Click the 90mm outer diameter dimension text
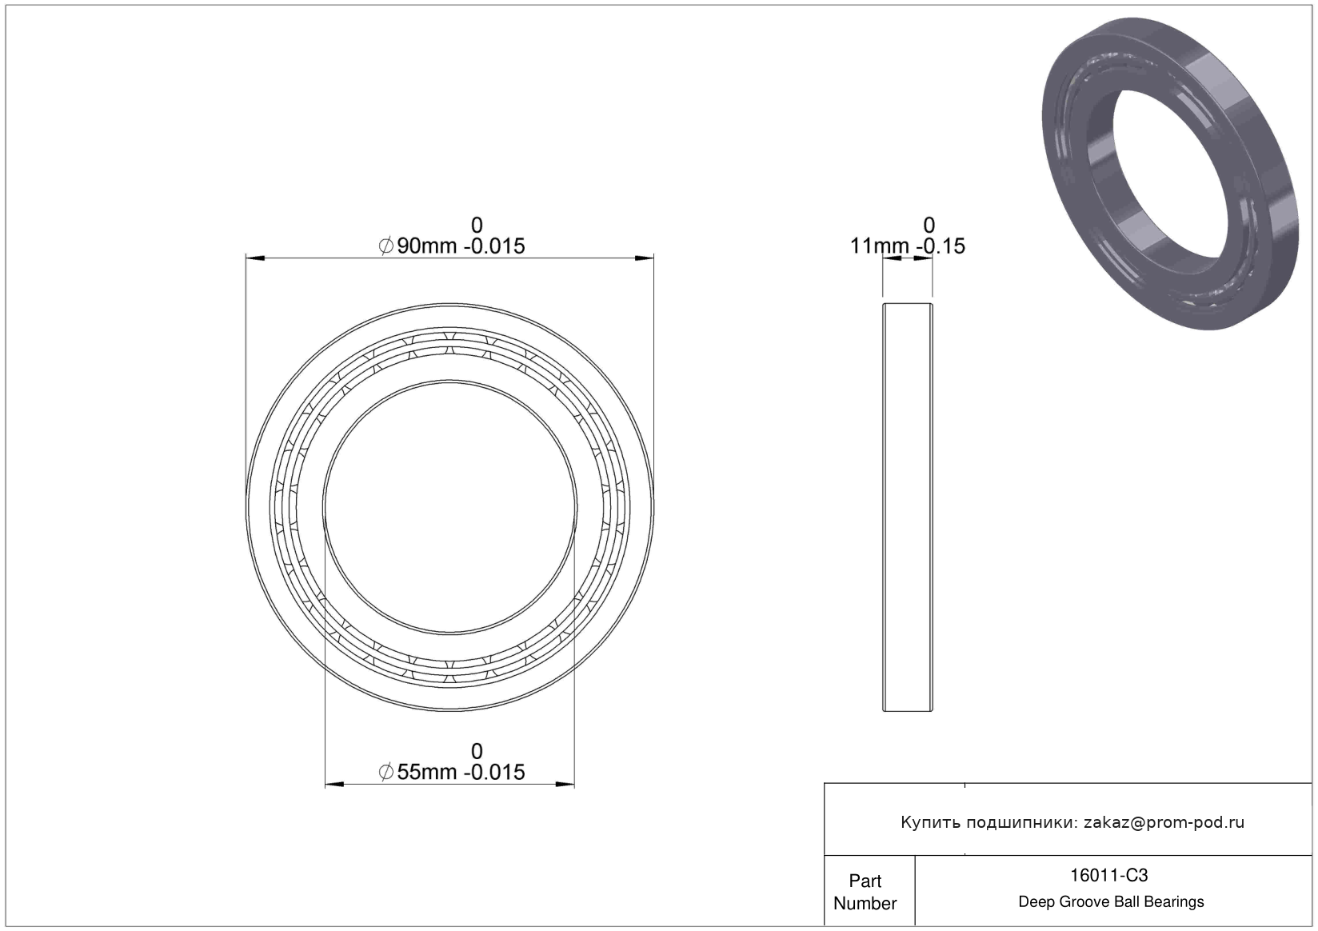click(x=451, y=246)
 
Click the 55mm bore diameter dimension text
click(x=451, y=772)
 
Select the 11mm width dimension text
click(x=907, y=246)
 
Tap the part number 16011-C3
click(x=1108, y=876)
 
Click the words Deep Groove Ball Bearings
click(x=1111, y=901)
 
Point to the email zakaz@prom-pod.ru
click(x=1164, y=822)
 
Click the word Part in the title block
click(x=865, y=881)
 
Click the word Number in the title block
click(x=865, y=903)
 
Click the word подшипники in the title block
click(x=1023, y=823)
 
